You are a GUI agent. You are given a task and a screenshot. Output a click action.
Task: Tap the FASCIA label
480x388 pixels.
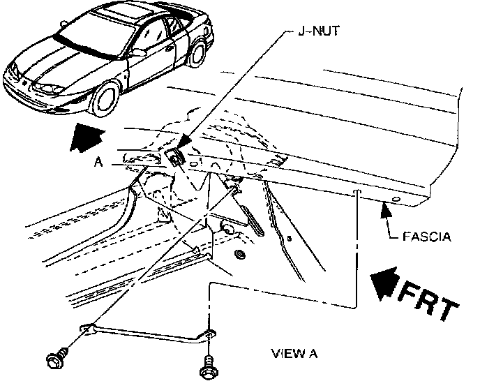pyautogui.click(x=426, y=237)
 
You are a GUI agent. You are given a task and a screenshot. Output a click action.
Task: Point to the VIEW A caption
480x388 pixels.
pyautogui.click(x=294, y=353)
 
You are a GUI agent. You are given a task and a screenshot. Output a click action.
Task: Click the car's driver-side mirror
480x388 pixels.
pyautogui.click(x=138, y=52)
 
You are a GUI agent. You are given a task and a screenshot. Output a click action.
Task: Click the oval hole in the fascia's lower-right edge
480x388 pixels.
pyautogui.click(x=396, y=201)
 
